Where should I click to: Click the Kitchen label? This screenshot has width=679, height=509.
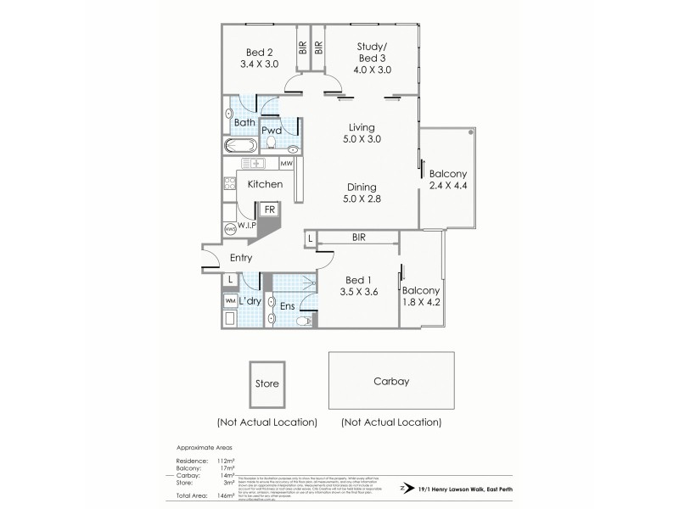pos(265,184)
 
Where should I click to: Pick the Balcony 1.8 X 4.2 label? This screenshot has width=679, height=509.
pos(423,298)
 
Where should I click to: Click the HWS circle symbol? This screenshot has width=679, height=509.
pos(230,229)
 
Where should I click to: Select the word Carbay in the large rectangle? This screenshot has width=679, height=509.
pos(391,382)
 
